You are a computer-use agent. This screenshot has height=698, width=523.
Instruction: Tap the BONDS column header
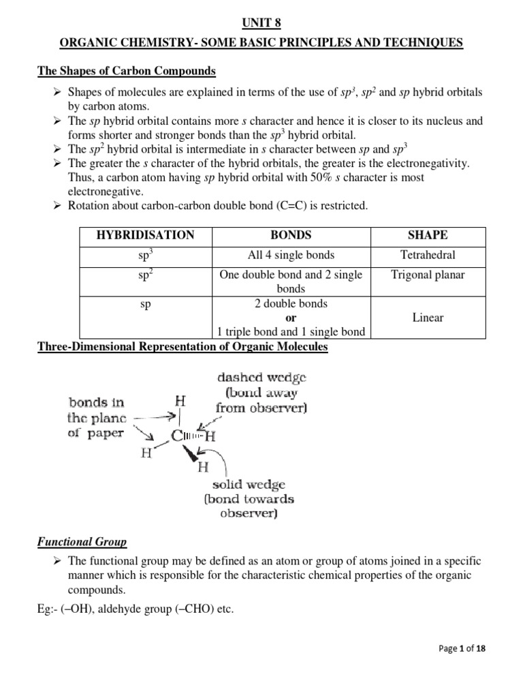coord(291,235)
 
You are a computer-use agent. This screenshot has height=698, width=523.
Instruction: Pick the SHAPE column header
coord(428,235)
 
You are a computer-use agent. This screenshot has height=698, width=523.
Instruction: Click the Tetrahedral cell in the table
coord(428,256)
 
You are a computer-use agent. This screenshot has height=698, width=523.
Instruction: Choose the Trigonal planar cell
coord(428,275)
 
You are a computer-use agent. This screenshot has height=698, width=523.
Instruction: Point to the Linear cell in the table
coord(428,318)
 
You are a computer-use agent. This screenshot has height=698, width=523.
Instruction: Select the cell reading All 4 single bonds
coord(291,256)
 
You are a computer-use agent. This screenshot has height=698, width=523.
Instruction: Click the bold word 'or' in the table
coord(291,318)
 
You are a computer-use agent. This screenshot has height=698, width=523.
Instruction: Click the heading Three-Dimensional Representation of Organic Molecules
coord(182,347)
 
